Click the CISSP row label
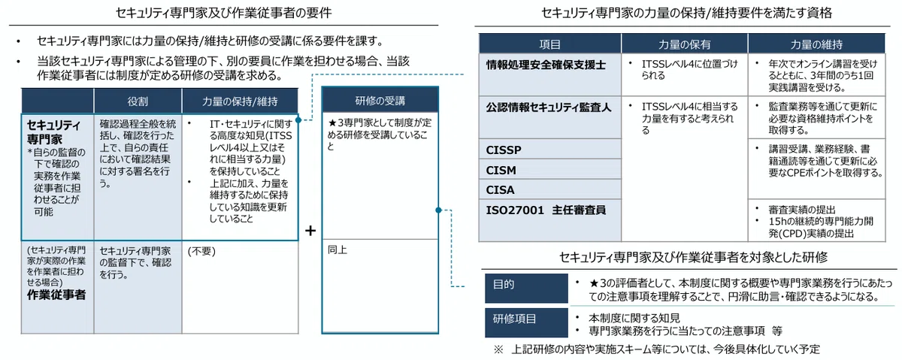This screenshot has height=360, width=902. [x=504, y=150]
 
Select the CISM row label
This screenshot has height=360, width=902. [x=501, y=171]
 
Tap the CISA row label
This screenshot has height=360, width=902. [x=500, y=189]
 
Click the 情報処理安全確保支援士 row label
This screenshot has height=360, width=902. [x=546, y=65]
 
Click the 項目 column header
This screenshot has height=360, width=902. [x=549, y=44]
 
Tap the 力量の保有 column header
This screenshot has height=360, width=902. [x=684, y=44]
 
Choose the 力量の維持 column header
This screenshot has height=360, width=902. [x=816, y=44]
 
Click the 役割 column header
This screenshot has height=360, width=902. [x=138, y=101]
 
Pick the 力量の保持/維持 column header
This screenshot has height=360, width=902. [x=240, y=101]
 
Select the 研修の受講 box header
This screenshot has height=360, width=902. [x=380, y=100]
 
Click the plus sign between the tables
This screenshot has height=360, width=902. [x=310, y=231]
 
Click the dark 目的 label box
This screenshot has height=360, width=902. [x=526, y=288]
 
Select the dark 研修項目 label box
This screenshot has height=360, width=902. [x=526, y=322]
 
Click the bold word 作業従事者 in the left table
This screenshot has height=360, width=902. [x=56, y=295]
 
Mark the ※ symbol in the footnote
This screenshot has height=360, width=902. [x=498, y=349]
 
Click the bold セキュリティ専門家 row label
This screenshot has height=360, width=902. [x=53, y=132]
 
